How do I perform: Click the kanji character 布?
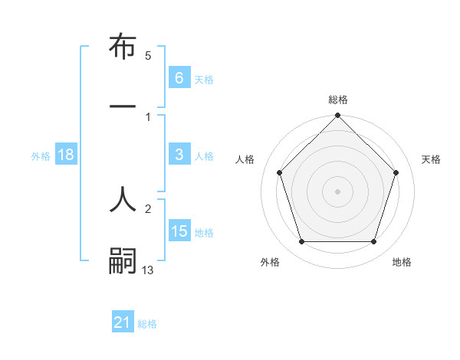pos(123,47)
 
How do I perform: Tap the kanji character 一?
pos(123,108)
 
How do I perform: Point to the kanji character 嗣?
pos(123,260)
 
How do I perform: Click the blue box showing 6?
pos(179,77)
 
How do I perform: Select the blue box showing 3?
pos(179,155)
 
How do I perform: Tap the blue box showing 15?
pos(179,231)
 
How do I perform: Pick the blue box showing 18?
pos(66,155)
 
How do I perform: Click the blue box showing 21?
pos(123,322)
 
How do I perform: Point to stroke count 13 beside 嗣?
pos(148,270)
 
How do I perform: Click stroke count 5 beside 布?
pos(148,56)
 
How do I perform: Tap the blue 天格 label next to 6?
pos(204,79)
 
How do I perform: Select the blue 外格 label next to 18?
pos(41,156)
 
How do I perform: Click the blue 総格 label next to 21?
pos(147,324)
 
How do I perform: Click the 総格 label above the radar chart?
pos(337,100)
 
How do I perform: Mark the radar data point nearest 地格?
pos(373,242)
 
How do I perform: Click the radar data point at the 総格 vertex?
pos(337,116)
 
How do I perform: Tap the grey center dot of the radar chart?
pos(337,191)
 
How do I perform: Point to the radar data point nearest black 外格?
pos(301,242)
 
